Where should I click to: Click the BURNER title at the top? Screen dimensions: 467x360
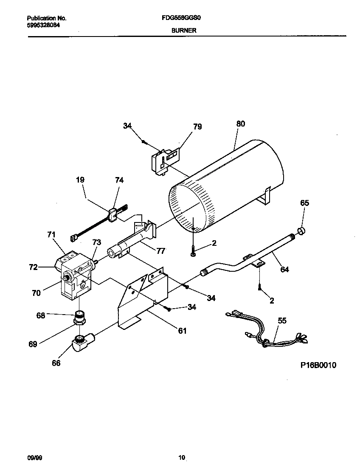click(x=183, y=31)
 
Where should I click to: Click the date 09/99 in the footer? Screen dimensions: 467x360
click(x=33, y=457)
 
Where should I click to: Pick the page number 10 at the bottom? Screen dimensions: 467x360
click(x=181, y=457)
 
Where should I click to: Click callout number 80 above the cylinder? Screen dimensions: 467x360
click(x=240, y=124)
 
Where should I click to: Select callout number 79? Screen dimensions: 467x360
click(x=197, y=127)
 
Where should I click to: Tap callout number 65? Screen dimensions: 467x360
click(x=304, y=203)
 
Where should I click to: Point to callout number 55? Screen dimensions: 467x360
click(x=282, y=321)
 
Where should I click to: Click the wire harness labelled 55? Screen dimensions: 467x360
click(x=267, y=333)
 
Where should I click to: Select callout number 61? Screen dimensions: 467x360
click(x=182, y=331)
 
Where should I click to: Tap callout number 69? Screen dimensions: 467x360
click(x=33, y=344)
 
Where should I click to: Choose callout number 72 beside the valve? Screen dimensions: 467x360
click(x=33, y=267)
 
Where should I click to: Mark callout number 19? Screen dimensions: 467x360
click(x=80, y=180)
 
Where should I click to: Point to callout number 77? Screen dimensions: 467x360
click(x=160, y=251)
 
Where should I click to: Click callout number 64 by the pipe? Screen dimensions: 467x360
click(x=284, y=269)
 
